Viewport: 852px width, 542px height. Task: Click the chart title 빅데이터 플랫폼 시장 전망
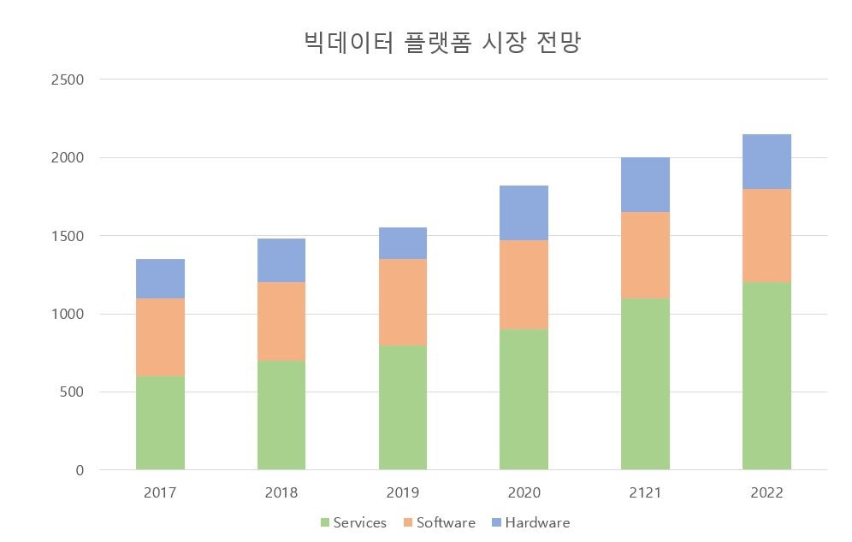click(x=442, y=43)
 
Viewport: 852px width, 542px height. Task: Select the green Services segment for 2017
click(x=160, y=422)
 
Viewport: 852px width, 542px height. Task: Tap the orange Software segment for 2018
click(x=281, y=321)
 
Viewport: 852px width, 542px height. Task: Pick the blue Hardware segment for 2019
click(x=403, y=244)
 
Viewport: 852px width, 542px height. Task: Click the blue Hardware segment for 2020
click(x=524, y=213)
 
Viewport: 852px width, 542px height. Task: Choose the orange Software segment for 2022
click(x=766, y=236)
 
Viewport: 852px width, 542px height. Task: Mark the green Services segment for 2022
click(x=766, y=376)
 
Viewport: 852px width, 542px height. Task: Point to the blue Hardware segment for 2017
click(x=160, y=279)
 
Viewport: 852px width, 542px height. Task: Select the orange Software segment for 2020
click(x=524, y=285)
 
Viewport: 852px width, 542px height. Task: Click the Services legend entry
click(x=353, y=522)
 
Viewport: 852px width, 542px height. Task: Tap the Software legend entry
click(x=438, y=522)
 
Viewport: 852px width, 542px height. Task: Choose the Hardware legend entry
click(x=530, y=522)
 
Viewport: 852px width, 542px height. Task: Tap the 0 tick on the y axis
click(x=80, y=470)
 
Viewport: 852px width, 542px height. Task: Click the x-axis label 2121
click(x=645, y=493)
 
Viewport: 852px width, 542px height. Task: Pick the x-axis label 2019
click(x=403, y=493)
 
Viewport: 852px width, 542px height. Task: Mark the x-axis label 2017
click(x=160, y=493)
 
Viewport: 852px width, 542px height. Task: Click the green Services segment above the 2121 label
click(x=645, y=385)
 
